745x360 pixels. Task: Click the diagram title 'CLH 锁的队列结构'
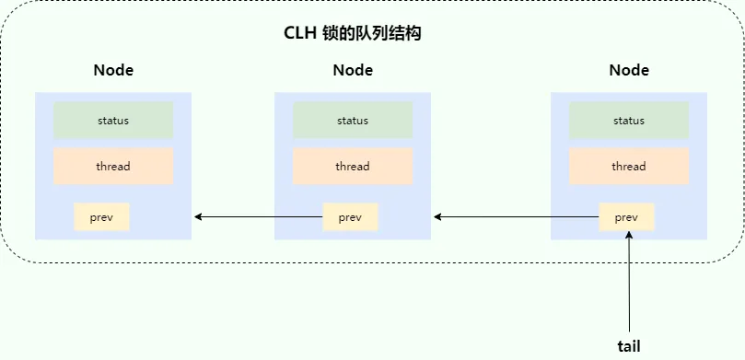tap(353, 33)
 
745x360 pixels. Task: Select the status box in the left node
tap(113, 121)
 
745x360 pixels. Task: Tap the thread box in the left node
tap(113, 167)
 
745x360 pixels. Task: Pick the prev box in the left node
tap(101, 217)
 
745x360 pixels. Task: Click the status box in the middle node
tap(353, 121)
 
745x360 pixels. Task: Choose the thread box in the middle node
tap(353, 167)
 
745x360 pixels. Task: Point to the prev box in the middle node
tap(350, 217)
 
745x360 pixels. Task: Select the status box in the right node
tap(629, 121)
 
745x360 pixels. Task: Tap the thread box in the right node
tap(629, 167)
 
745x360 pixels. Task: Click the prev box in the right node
tap(626, 217)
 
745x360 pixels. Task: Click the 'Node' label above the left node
tap(113, 70)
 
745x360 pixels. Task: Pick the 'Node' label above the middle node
tap(353, 70)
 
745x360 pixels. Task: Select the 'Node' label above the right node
tap(629, 70)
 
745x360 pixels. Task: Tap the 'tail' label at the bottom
tap(629, 346)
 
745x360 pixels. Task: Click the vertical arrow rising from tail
tap(629, 285)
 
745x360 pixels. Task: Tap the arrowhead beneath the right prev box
tap(629, 237)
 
